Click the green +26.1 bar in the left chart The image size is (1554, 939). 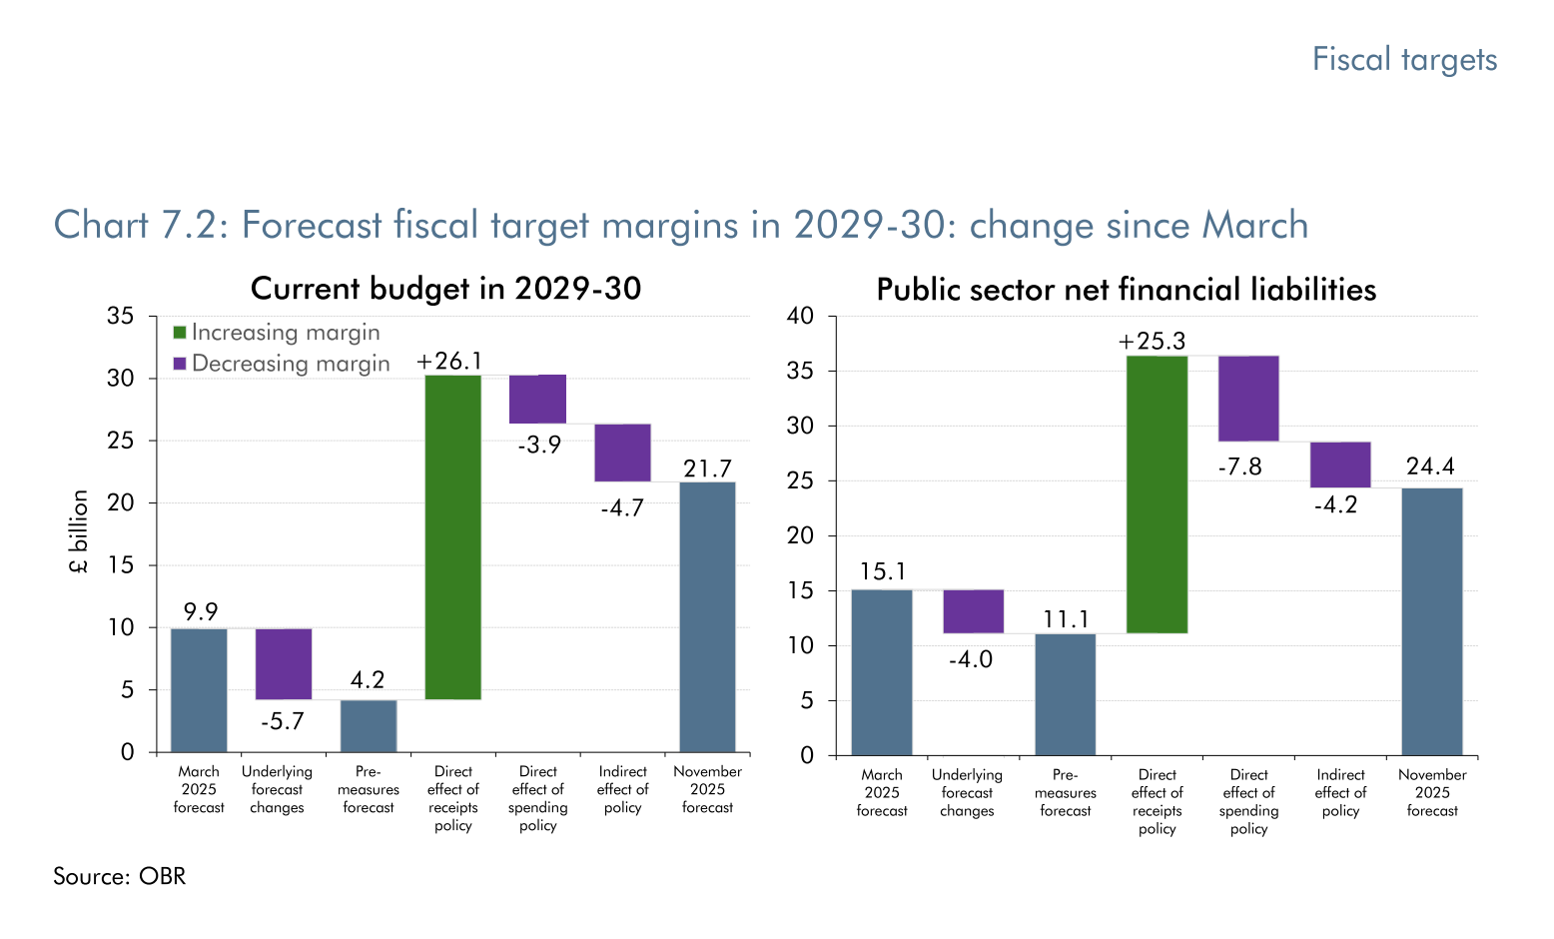point(452,537)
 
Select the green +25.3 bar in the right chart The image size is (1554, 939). point(1157,494)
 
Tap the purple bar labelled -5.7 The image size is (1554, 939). point(284,664)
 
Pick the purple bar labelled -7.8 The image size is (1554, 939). point(1248,399)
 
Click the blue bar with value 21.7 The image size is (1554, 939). point(707,617)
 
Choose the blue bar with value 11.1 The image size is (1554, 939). point(1065,694)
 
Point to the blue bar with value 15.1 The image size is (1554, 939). point(881,672)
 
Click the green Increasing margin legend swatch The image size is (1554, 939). point(180,333)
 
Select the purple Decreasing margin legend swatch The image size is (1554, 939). point(180,364)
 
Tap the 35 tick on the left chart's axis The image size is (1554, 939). point(121,317)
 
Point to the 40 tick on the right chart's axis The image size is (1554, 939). point(801,317)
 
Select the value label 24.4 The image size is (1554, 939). point(1430,467)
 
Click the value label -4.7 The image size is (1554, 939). point(622,508)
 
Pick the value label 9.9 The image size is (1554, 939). point(200,611)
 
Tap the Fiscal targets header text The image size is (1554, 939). point(1404,60)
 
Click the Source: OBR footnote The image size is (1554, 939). point(120,876)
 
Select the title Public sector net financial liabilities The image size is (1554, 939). point(1126,290)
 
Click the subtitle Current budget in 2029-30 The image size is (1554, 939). point(445,289)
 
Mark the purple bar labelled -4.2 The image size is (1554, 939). point(1340,465)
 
